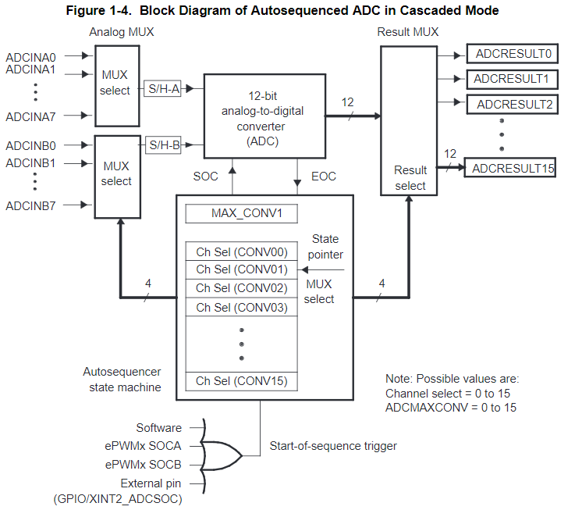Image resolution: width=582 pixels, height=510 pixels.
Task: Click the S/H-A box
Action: click(163, 90)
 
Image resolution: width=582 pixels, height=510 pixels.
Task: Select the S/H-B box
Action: click(163, 144)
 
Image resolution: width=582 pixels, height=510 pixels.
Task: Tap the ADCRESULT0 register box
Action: click(512, 54)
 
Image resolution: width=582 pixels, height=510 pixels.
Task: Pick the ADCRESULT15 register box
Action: click(510, 168)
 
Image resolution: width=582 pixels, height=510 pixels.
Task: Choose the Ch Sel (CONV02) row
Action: click(242, 288)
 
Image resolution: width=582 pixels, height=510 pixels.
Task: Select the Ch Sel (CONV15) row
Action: click(242, 381)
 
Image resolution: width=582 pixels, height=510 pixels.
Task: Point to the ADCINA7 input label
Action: click(31, 117)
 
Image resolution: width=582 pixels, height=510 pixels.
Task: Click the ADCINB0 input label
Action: click(31, 146)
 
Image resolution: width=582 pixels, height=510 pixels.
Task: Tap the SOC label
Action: click(206, 177)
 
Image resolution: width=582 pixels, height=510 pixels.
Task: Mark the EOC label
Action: click(323, 177)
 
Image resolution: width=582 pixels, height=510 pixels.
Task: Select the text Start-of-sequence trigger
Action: click(333, 446)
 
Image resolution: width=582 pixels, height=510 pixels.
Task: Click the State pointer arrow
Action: click(321, 270)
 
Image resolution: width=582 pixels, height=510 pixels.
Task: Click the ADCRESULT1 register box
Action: click(512, 79)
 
